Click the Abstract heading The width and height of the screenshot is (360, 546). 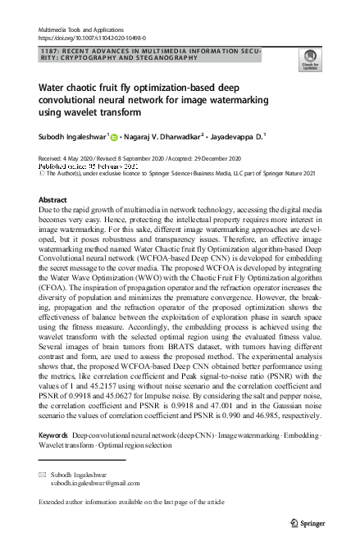(x=53, y=200)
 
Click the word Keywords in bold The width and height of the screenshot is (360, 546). (x=53, y=432)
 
